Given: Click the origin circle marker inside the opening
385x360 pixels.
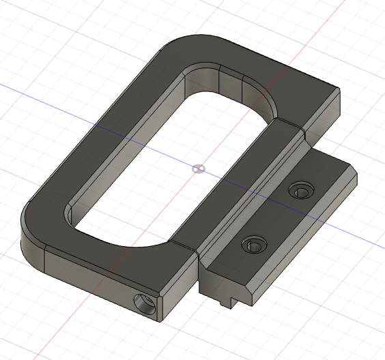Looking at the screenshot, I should [197, 168].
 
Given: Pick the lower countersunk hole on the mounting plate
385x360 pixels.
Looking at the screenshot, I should [253, 243].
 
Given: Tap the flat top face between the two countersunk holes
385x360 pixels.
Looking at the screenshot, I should [276, 217].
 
